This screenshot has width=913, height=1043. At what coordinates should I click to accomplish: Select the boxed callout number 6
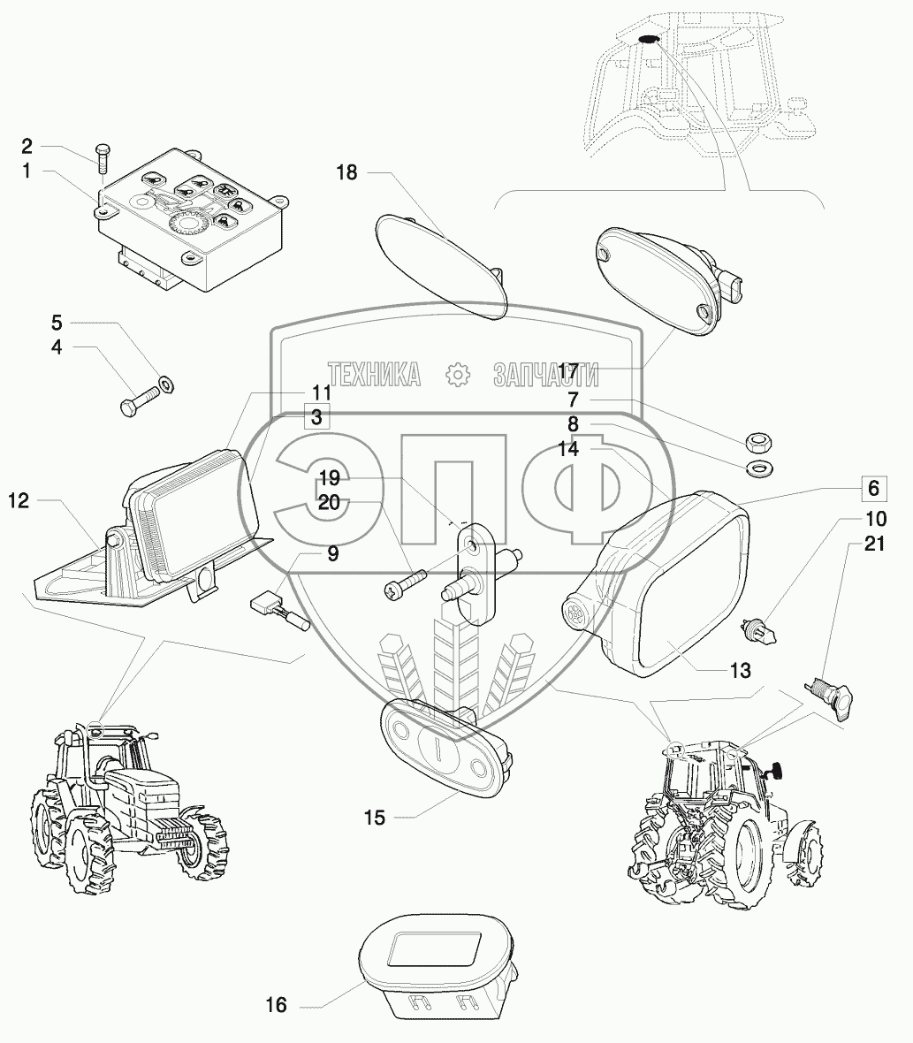pyautogui.click(x=873, y=488)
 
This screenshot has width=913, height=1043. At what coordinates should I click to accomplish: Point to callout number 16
pyautogui.click(x=277, y=1005)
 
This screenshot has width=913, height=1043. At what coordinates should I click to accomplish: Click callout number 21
pyautogui.click(x=874, y=544)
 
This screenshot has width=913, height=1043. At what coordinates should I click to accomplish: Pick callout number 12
pyautogui.click(x=19, y=501)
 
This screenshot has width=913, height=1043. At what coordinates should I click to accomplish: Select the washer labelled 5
pyautogui.click(x=165, y=384)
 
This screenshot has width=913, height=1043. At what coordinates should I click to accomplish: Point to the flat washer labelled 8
pyautogui.click(x=757, y=466)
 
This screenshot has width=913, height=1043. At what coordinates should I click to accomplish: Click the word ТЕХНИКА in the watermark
pyautogui.click(x=374, y=375)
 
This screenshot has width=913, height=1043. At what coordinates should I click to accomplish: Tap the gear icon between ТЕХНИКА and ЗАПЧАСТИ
pyautogui.click(x=457, y=375)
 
